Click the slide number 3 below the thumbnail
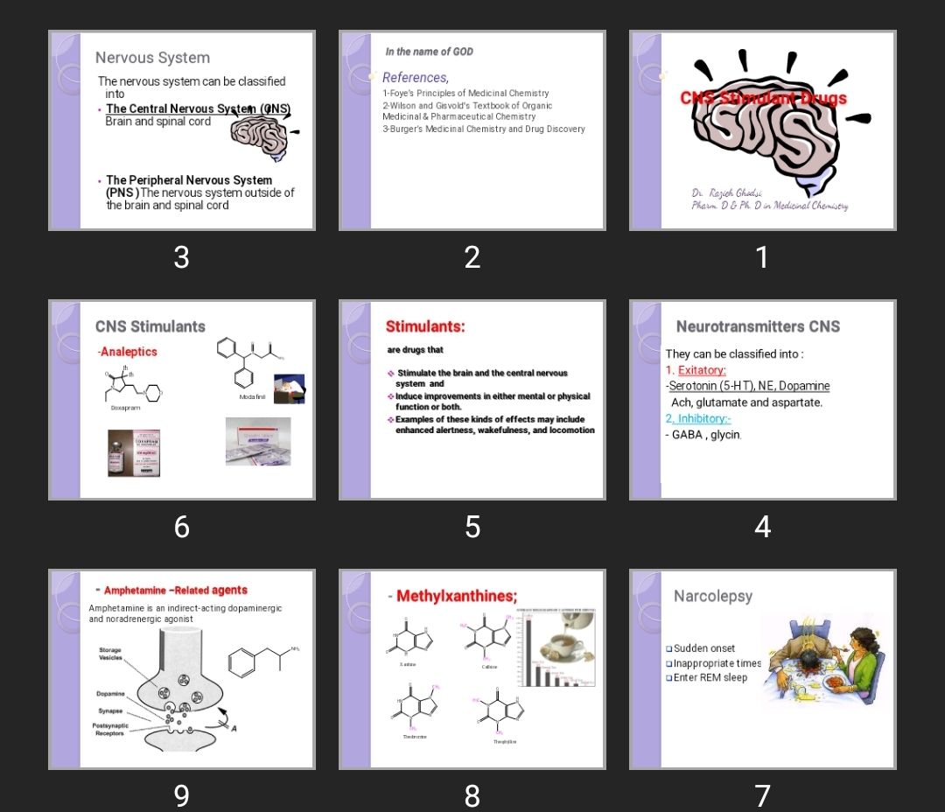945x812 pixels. coord(181,257)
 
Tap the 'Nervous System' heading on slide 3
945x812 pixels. coord(152,58)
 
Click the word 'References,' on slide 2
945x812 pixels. coord(416,78)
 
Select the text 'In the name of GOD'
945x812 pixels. coord(429,52)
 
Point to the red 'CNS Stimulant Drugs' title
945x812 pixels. coord(763,98)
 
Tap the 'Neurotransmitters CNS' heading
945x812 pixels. coord(758,326)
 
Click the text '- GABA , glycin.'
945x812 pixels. coord(703,435)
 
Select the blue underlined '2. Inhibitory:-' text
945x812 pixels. coord(698,419)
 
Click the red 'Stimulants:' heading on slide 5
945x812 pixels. coord(425,326)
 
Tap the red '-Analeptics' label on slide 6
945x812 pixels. coord(128,352)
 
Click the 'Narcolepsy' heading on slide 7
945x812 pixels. coord(712,596)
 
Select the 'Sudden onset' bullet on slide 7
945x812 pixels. coord(703,648)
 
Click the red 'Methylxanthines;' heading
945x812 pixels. coord(456,596)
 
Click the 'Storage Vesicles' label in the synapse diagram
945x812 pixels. coord(111,654)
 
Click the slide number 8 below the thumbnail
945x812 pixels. coord(472,795)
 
